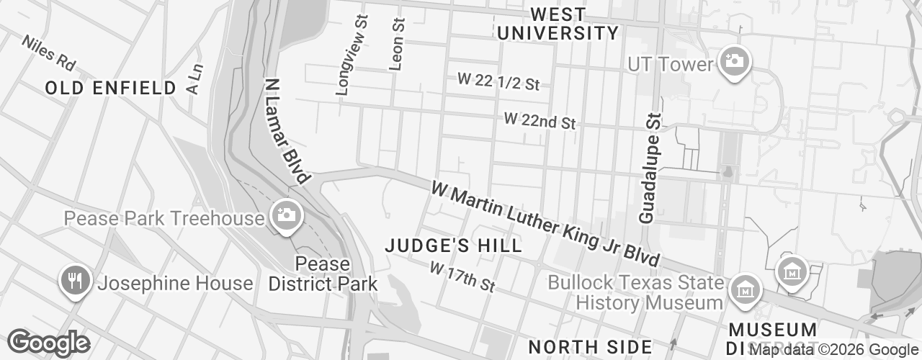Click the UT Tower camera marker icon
pyautogui.click(x=734, y=62)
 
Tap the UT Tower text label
pyautogui.click(x=670, y=64)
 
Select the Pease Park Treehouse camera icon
pyautogui.click(x=286, y=215)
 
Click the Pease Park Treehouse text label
pyautogui.click(x=164, y=218)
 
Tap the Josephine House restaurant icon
pyautogui.click(x=74, y=282)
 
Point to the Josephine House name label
pyautogui.click(x=175, y=283)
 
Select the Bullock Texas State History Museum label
pyautogui.click(x=635, y=292)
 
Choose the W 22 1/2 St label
pyautogui.click(x=498, y=81)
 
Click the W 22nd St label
pyautogui.click(x=540, y=120)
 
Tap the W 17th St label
pyautogui.click(x=462, y=276)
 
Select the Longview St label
pyautogui.click(x=352, y=53)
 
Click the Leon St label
pyautogui.click(x=396, y=44)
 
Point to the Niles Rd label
pyautogui.click(x=48, y=53)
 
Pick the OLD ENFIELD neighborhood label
pyautogui.click(x=110, y=89)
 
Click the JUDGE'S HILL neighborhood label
pyautogui.click(x=453, y=246)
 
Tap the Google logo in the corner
pyautogui.click(x=48, y=343)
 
